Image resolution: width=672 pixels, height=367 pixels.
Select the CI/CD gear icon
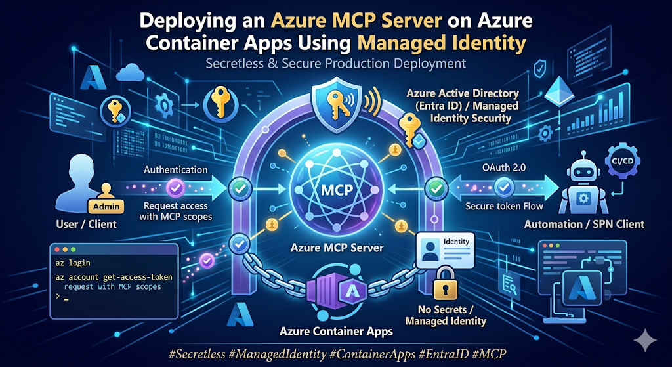point(621,162)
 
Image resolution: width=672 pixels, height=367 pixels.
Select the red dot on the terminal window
point(56,249)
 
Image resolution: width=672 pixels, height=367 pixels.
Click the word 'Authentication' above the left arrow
point(176,170)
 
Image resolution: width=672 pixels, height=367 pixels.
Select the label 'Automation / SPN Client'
point(584,223)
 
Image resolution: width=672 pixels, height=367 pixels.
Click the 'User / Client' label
point(86,224)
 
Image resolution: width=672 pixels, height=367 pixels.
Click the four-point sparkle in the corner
point(645,341)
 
